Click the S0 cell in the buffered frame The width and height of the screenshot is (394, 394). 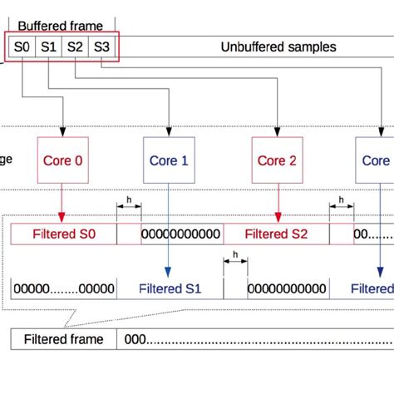pyautogui.click(x=22, y=47)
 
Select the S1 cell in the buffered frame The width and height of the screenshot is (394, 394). pyautogui.click(x=49, y=47)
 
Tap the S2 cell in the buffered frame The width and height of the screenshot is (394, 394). pyautogui.click(x=76, y=47)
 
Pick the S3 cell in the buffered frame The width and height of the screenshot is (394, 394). pyautogui.click(x=101, y=47)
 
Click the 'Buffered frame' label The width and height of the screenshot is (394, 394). pyautogui.click(x=62, y=26)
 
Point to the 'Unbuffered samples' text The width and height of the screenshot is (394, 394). pyautogui.click(x=278, y=47)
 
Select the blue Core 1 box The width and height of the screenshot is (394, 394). pyautogui.click(x=169, y=160)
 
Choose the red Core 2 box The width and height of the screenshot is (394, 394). pyautogui.click(x=276, y=160)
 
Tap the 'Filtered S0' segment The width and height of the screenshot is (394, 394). pyautogui.click(x=64, y=234)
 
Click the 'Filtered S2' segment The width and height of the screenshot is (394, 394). pyautogui.click(x=276, y=234)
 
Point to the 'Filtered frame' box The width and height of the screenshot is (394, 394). pyautogui.click(x=64, y=339)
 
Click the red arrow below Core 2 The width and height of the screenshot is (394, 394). pyautogui.click(x=276, y=204)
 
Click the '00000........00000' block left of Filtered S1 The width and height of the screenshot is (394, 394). pyautogui.click(x=64, y=289)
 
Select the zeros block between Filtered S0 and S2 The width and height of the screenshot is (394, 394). pyautogui.click(x=182, y=234)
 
